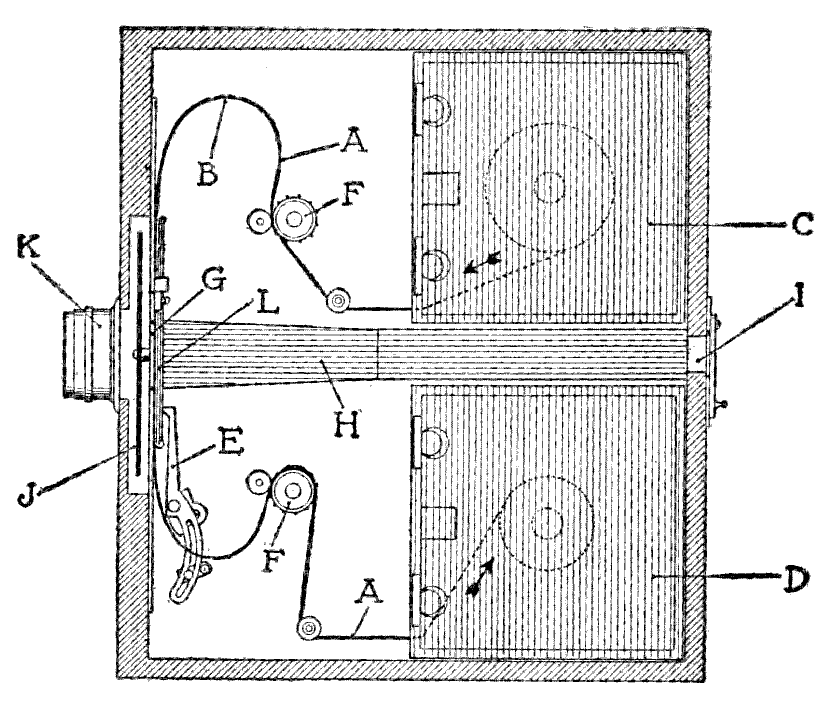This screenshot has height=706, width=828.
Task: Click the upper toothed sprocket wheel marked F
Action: (294, 218)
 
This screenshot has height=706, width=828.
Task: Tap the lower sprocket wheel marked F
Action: (293, 490)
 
